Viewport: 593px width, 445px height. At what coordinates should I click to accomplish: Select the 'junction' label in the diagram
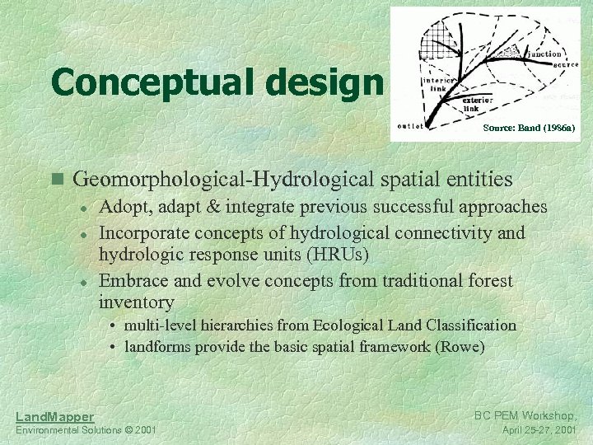click(544, 54)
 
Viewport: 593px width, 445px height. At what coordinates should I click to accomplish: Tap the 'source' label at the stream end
click(551, 63)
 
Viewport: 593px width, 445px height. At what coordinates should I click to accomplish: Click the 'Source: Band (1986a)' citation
click(529, 128)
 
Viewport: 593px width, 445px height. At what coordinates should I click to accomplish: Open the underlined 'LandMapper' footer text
click(54, 417)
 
